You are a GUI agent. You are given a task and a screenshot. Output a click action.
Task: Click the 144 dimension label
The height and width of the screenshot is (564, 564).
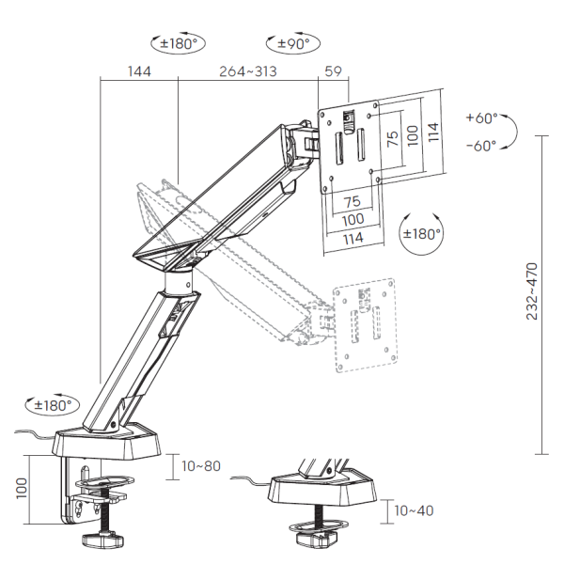139,71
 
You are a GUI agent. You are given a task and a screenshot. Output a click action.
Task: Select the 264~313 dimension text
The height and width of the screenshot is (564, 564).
248,71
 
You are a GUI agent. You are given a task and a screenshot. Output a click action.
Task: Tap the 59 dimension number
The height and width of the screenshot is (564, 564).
333,71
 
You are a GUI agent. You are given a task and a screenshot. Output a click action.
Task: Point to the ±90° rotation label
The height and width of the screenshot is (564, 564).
293,44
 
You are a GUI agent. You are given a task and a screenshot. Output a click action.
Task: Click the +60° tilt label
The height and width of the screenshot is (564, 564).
482,117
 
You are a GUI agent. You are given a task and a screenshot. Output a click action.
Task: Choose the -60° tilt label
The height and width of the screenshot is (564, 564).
481,146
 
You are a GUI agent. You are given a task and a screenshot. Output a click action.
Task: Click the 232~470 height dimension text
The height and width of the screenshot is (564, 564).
532,291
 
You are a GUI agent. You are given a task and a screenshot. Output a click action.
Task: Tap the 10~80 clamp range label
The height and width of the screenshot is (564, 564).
201,466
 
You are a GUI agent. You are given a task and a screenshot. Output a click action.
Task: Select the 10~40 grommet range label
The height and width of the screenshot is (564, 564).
414,510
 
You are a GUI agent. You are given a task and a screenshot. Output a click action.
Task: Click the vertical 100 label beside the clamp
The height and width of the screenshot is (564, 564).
22,488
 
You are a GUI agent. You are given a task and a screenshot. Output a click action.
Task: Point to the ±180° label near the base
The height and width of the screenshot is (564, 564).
54,405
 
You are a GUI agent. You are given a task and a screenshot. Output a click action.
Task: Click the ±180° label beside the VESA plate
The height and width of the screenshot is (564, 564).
422,234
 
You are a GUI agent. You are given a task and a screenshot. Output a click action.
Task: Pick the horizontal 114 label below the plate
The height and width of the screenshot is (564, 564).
352,239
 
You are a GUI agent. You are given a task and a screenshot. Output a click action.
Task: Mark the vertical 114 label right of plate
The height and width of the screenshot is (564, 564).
433,132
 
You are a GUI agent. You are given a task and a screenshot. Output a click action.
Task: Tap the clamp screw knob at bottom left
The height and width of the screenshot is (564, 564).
102,540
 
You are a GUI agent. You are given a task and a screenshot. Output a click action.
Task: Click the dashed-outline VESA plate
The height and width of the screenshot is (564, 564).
365,325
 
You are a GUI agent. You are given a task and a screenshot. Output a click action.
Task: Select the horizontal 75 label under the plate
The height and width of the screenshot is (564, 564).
352,201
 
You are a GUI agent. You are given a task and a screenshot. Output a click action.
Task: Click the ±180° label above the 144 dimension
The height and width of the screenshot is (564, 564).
179,44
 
